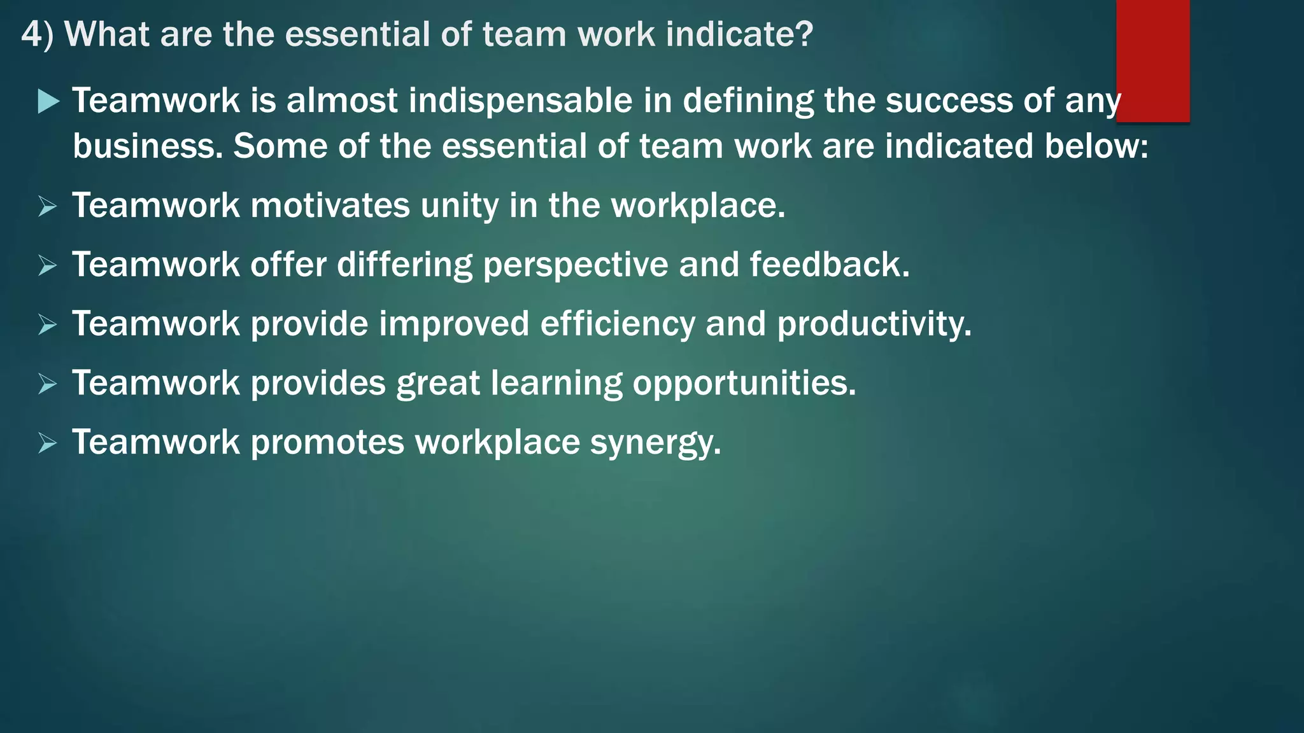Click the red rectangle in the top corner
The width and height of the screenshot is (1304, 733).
[1152, 60]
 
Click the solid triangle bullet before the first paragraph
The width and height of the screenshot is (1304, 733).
[48, 101]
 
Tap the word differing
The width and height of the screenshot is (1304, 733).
[404, 265]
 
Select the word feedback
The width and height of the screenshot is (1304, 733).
[829, 265]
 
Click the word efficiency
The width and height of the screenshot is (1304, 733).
[617, 324]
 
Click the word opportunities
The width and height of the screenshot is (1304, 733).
[744, 384]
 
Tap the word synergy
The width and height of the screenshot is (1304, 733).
[655, 443]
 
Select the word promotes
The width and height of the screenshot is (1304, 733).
[327, 443]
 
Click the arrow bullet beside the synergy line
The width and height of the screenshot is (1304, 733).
[47, 443]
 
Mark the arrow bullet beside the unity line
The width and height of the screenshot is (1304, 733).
[47, 206]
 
